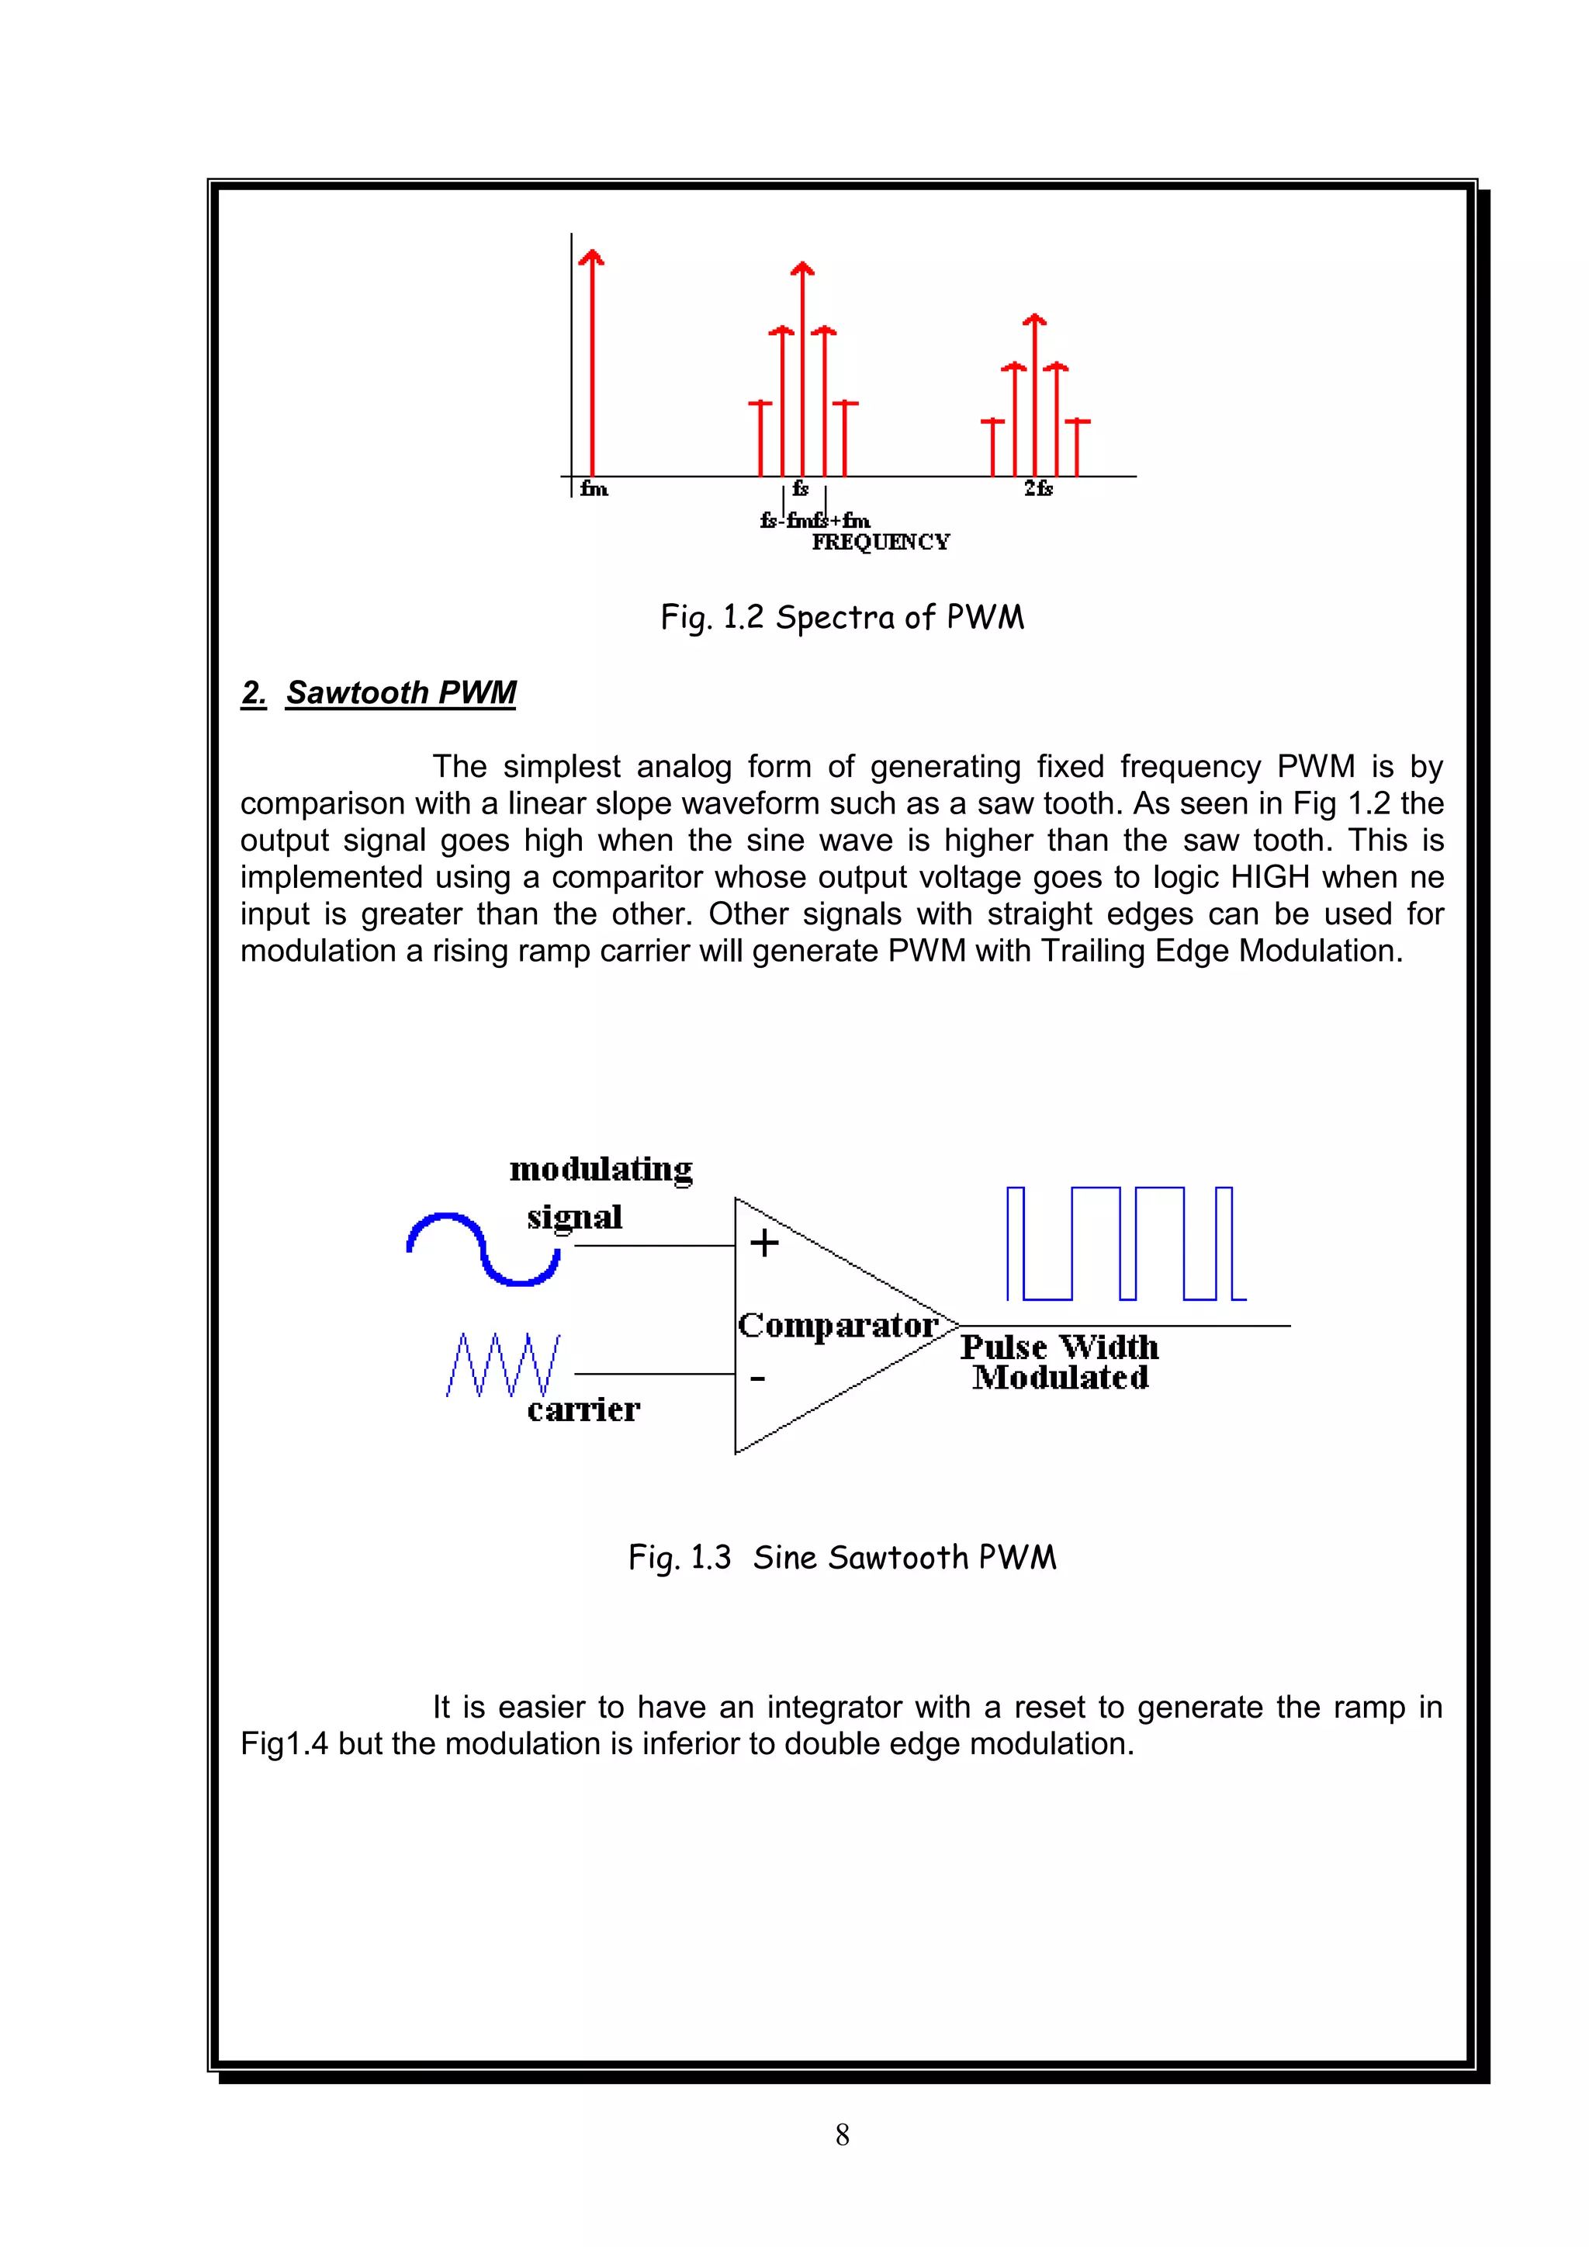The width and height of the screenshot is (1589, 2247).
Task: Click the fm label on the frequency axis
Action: [594, 488]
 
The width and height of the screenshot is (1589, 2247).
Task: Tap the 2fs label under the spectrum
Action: [1038, 488]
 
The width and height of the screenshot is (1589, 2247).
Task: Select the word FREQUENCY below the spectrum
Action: [881, 543]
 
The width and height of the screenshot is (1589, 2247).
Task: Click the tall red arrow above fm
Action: [591, 362]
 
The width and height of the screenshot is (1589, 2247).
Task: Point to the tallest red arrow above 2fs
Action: [1035, 391]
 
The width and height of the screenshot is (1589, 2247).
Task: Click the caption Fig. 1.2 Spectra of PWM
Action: [843, 618]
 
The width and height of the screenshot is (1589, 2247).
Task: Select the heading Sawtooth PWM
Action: [400, 693]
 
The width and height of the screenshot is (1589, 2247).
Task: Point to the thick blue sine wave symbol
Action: [483, 1249]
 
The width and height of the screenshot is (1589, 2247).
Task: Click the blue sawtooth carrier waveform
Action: [503, 1364]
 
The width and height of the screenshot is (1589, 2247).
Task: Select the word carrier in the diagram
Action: [583, 1410]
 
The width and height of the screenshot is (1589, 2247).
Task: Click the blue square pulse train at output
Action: [1125, 1244]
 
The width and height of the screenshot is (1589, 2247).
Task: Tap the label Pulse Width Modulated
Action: [1060, 1362]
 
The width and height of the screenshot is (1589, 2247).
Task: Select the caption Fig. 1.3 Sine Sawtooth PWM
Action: [843, 1557]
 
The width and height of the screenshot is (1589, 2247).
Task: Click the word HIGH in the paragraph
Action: [1270, 877]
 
